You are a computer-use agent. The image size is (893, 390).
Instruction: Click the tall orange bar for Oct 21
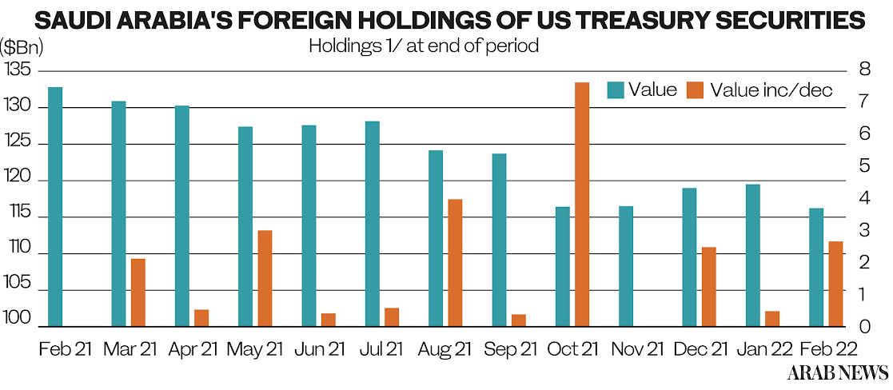[581, 205]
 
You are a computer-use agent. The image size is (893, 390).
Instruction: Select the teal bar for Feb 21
[55, 206]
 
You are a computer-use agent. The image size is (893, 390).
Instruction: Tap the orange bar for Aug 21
[455, 262]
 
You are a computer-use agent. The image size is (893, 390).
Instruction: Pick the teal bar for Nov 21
[626, 266]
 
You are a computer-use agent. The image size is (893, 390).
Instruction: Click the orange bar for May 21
[265, 278]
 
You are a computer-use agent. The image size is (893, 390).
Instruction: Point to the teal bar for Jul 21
[373, 224]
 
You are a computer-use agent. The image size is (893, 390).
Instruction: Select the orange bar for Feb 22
[835, 284]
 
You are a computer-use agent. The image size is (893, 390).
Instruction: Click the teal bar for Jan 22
[752, 255]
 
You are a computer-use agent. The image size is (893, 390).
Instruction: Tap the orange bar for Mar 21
[138, 292]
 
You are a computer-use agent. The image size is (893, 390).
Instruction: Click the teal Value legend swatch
[615, 90]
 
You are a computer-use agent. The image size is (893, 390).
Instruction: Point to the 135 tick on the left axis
[17, 70]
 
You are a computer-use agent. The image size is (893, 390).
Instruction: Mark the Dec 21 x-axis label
[701, 349]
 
